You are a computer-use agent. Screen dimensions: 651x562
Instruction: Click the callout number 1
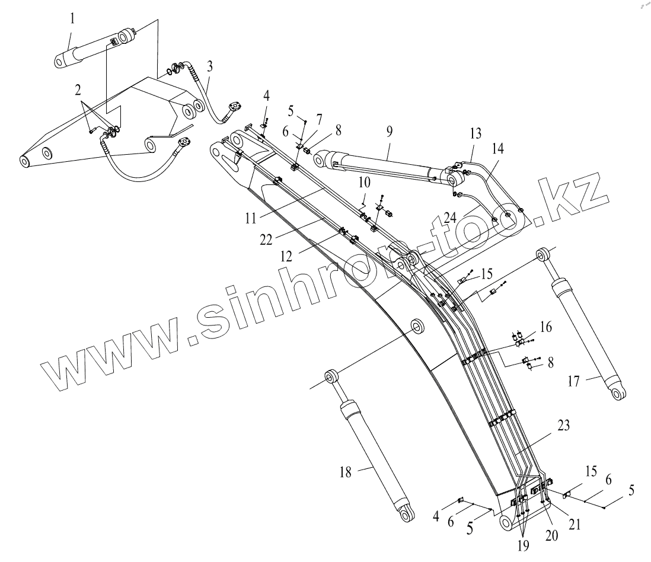point(72,18)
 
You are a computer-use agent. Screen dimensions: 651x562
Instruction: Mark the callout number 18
point(345,472)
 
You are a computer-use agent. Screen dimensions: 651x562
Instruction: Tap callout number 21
point(573,525)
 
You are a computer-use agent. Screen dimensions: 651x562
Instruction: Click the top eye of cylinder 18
point(331,376)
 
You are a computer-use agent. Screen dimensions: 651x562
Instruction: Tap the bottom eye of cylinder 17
point(618,394)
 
